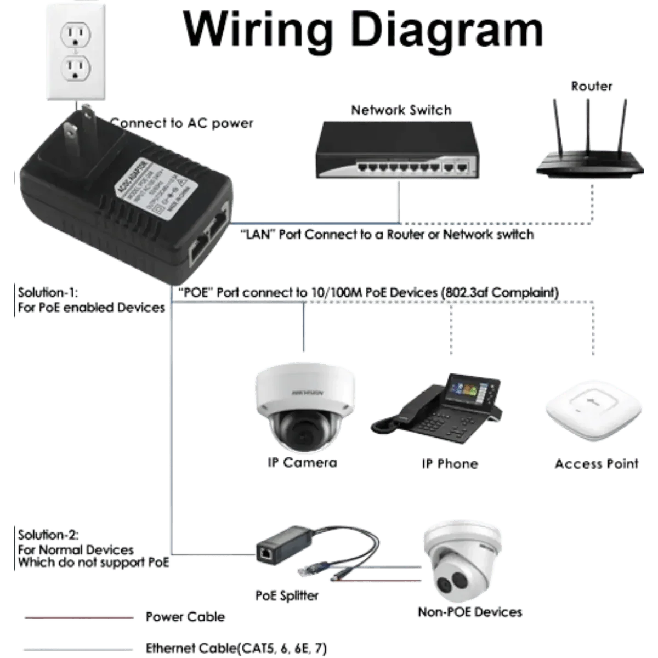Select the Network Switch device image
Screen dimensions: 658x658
395,151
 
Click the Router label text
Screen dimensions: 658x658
591,86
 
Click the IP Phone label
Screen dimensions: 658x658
449,464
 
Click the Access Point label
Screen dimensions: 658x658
597,464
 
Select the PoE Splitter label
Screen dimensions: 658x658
287,595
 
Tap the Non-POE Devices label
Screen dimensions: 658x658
470,612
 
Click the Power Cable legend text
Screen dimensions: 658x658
185,617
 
